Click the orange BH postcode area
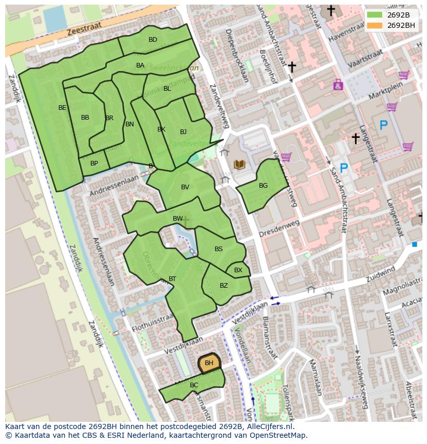pyautogui.click(x=209, y=363)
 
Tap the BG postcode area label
pyautogui.click(x=263, y=186)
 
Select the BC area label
pyautogui.click(x=194, y=385)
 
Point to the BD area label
pyautogui.click(x=153, y=40)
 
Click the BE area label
pyautogui.click(x=62, y=108)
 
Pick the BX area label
pyautogui.click(x=238, y=270)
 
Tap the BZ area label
pyautogui.click(x=224, y=285)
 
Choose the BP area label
pyautogui.click(x=94, y=163)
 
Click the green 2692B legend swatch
pyautogui.click(x=374, y=14)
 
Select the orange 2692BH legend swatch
pyautogui.click(x=374, y=25)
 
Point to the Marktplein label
pyautogui.click(x=386, y=92)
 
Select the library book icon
pyautogui.click(x=239, y=165)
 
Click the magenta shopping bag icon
pyautogui.click(x=338, y=85)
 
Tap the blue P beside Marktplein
pyautogui.click(x=383, y=125)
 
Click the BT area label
pyautogui.click(x=172, y=279)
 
